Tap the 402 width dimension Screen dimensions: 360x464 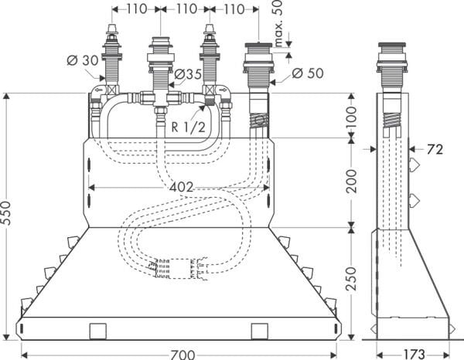tap(177, 187)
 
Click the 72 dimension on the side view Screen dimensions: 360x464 tap(434, 149)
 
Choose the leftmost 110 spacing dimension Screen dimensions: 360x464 tap(137, 9)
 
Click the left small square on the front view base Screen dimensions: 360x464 tap(99, 330)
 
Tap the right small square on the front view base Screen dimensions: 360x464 tap(260, 330)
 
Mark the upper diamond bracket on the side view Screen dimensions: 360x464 tap(415, 165)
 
